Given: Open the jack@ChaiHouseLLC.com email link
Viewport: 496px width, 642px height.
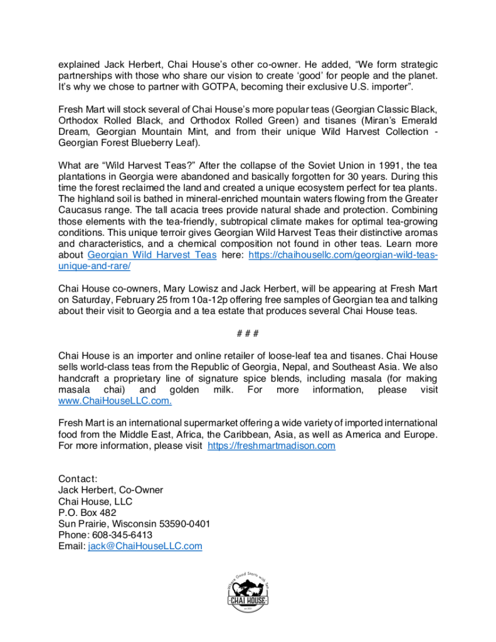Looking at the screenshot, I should (145, 546).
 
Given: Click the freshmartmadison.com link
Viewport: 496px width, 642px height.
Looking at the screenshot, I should (271, 446).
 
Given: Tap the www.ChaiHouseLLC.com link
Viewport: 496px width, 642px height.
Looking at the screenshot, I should (115, 401).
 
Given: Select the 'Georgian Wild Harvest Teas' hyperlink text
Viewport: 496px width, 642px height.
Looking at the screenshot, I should (152, 255).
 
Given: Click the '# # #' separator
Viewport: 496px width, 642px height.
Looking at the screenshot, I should (248, 333).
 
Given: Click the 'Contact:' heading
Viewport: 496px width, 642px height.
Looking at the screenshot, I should (78, 479).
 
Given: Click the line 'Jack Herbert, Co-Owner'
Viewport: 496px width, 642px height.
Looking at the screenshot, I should (110, 490).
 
